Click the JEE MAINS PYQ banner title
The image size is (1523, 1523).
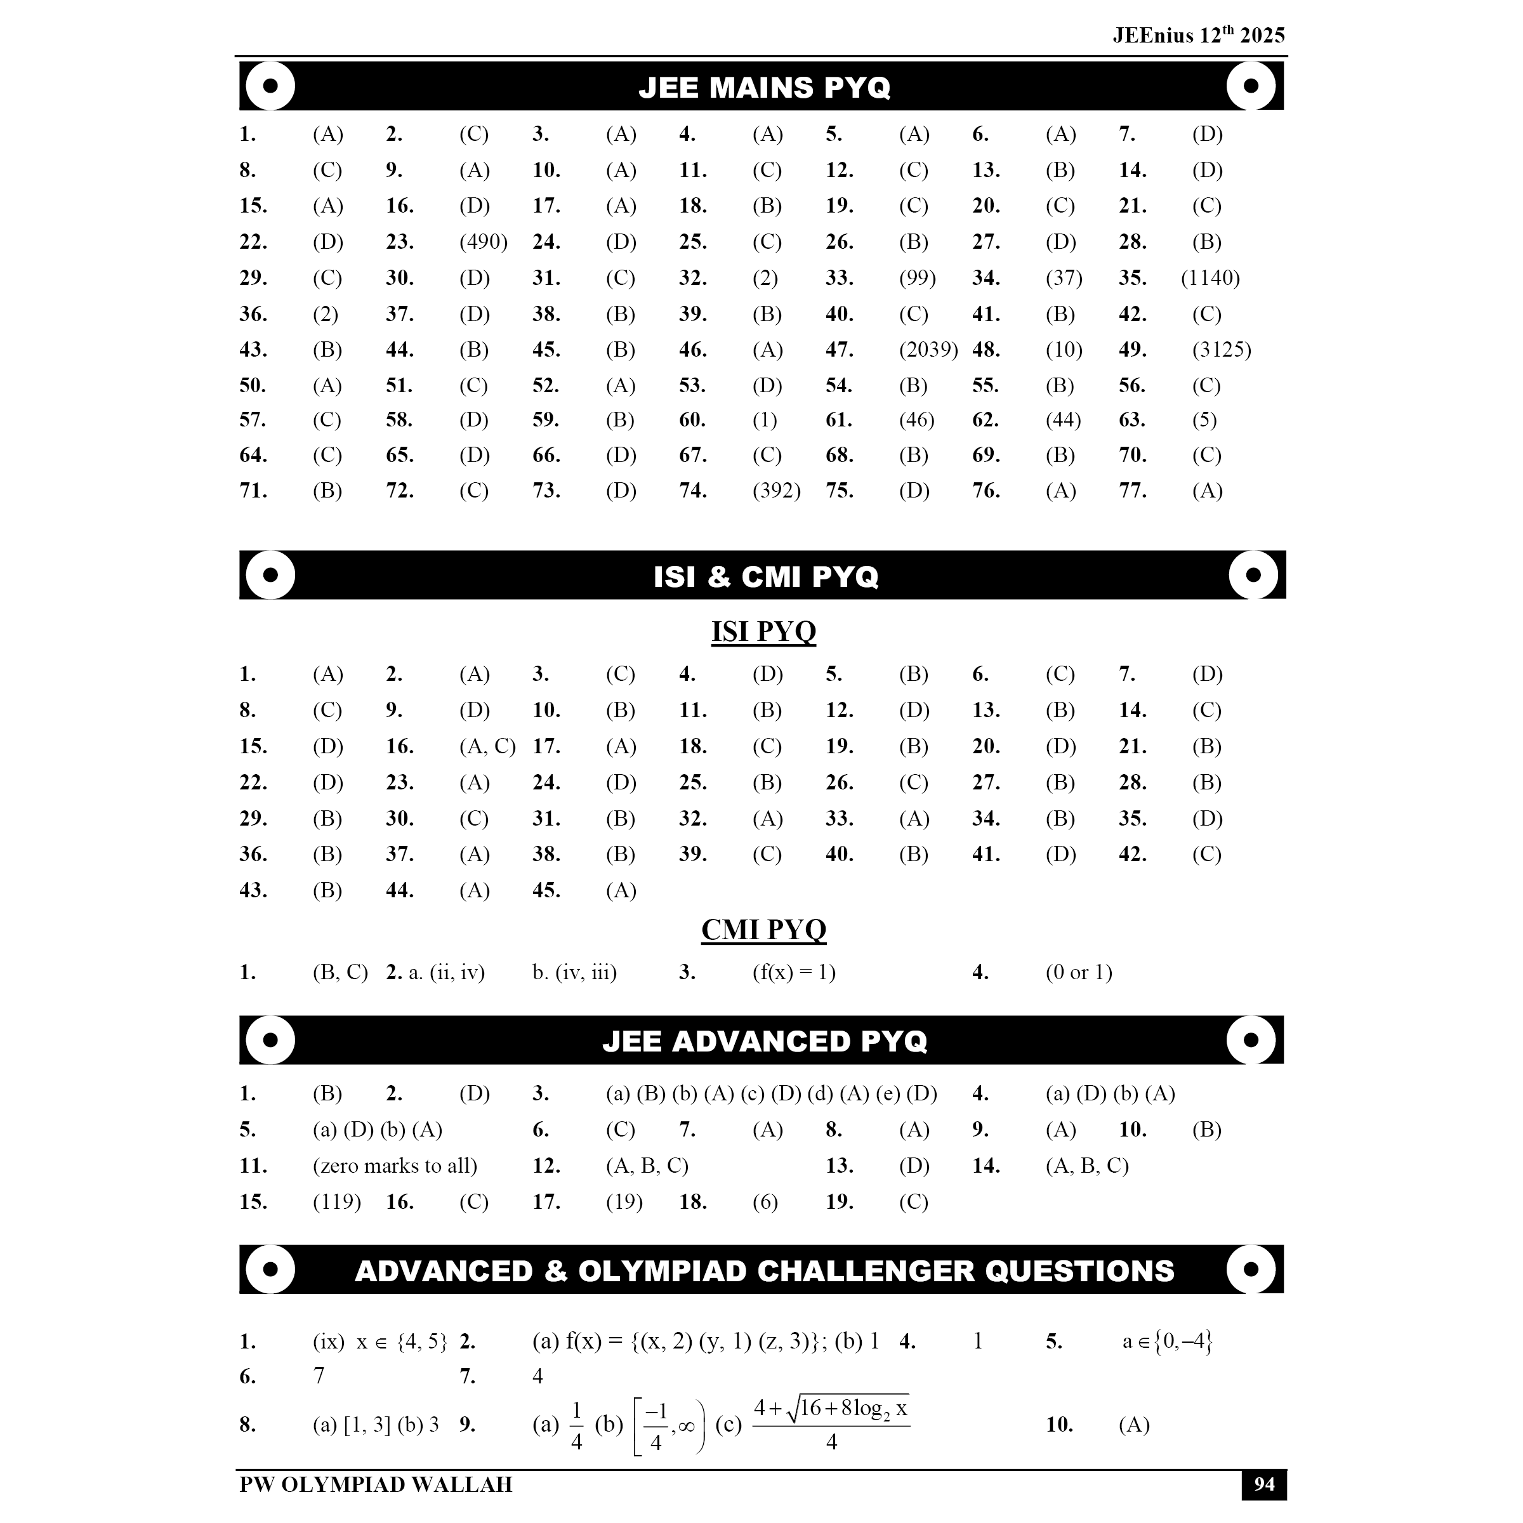pos(764,88)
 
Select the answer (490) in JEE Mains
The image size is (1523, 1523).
pos(483,242)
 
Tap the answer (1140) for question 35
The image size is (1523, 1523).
pos(1210,279)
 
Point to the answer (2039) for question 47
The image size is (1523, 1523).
pos(928,350)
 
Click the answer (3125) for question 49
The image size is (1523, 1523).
pos(1221,350)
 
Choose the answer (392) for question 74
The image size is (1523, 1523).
pos(777,491)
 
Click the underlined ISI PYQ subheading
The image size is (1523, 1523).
pos(763,631)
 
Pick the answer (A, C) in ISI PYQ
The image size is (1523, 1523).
pos(487,746)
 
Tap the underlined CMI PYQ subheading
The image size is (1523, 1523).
pos(763,930)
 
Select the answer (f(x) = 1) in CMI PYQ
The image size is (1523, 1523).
pos(794,973)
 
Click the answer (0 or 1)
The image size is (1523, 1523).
pos(1078,973)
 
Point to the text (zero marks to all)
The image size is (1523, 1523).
pos(395,1166)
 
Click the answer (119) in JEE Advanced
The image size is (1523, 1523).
pos(336,1202)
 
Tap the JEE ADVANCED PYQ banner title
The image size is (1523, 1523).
pos(764,1041)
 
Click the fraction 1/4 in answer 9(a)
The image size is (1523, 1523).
pos(576,1425)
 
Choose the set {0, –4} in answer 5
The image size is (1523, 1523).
pos(1182,1341)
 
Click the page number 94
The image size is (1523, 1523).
pos(1263,1485)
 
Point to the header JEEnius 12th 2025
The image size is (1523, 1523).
pos(1198,36)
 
